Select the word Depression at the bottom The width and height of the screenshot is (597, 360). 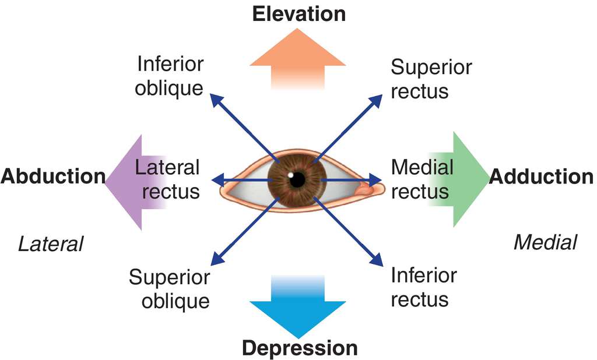pos(299,348)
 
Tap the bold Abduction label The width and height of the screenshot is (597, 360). pos(53,176)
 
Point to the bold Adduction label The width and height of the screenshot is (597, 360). pos(541,176)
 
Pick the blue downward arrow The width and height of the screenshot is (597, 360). pos(298,309)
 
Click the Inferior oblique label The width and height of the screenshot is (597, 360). pos(170,76)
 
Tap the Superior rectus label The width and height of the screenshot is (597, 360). pos(431,79)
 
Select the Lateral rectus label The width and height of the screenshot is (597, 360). pos(167,179)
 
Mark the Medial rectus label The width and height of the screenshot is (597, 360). pos(422,179)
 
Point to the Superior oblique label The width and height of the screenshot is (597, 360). pos(169,289)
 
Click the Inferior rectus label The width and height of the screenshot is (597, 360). pos(424,287)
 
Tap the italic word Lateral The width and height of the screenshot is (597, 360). pos(51,243)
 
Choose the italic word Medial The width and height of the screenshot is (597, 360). pos(545,242)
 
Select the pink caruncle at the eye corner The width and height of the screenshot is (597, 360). pos(367,189)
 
